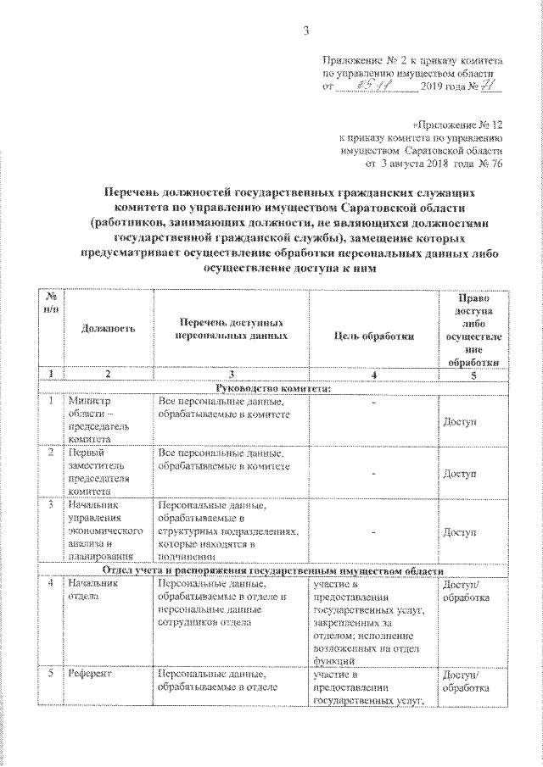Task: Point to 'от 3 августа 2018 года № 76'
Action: [x=433, y=163]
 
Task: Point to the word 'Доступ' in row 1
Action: [x=460, y=421]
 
